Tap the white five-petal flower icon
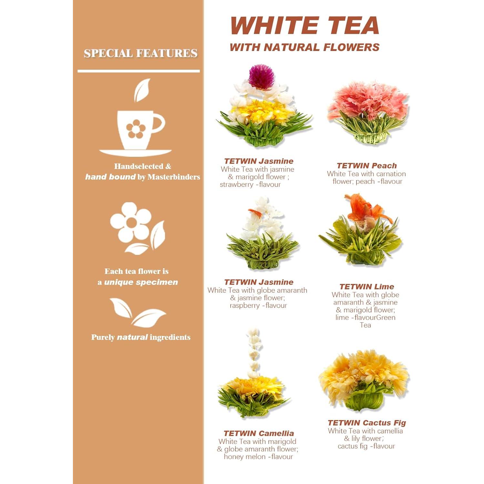tap(131, 223)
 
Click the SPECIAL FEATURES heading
tap(140, 53)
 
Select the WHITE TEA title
tap(305, 26)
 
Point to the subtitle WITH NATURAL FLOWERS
tap(305, 47)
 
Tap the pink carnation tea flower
tap(368, 103)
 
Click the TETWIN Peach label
tap(367, 166)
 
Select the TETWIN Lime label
tap(367, 287)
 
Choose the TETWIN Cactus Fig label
tap(367, 423)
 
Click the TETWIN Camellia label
tap(258, 433)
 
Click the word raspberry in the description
tap(245, 305)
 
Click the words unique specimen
tap(141, 282)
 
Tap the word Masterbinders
tap(174, 177)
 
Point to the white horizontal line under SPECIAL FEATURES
tap(138, 71)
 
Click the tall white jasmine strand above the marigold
tap(254, 350)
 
